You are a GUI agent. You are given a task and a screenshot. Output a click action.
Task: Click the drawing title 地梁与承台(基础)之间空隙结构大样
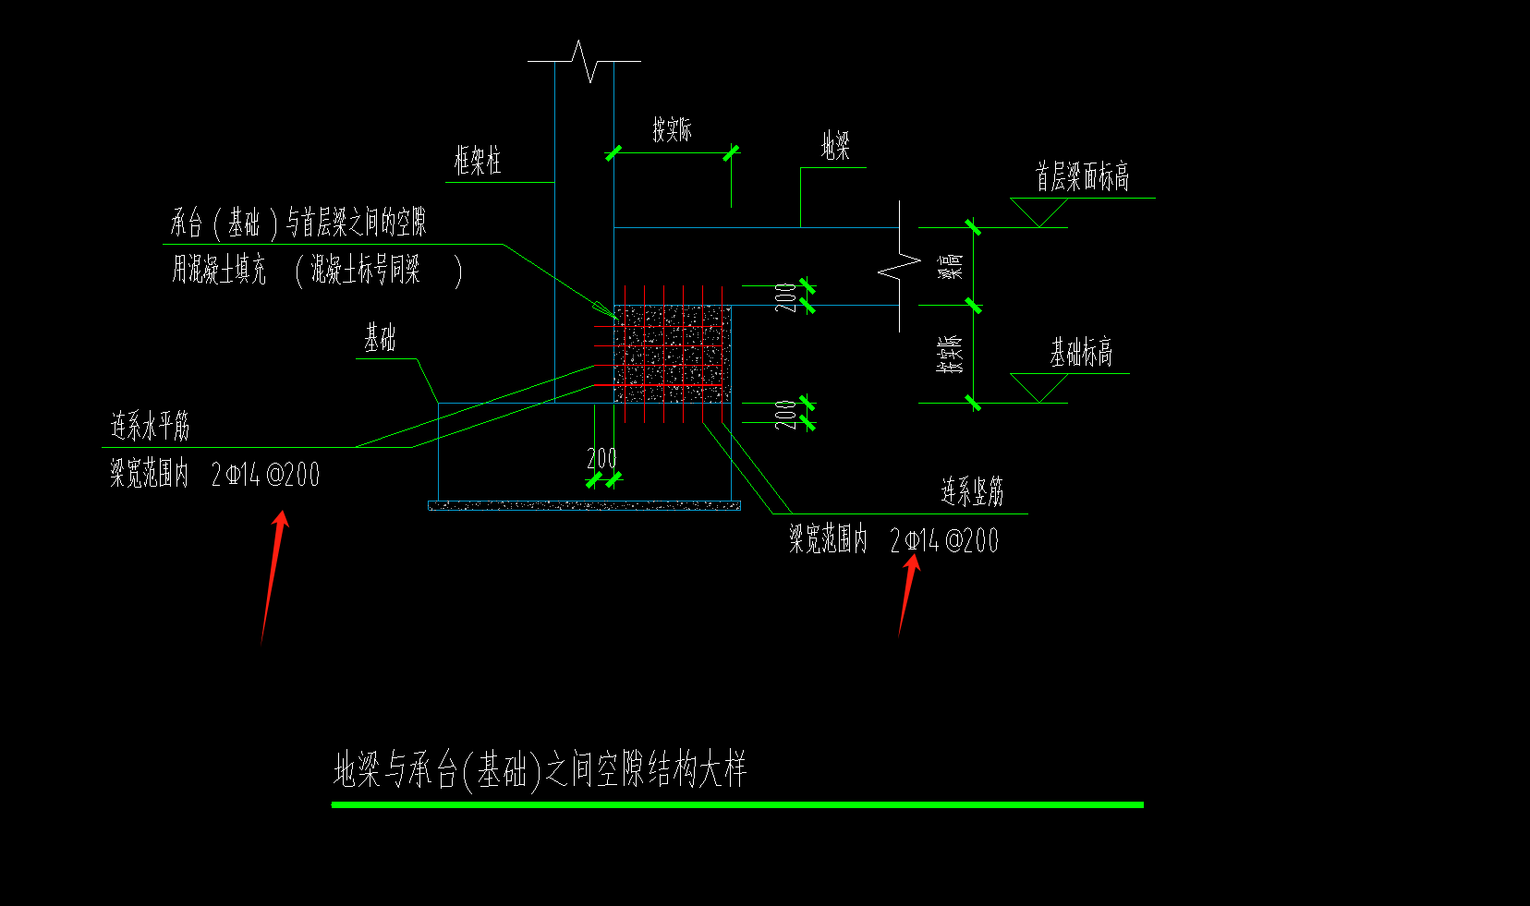[x=540, y=770]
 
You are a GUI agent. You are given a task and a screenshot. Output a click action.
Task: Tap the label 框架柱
[x=478, y=162]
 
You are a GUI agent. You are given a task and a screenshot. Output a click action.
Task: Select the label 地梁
[x=835, y=146]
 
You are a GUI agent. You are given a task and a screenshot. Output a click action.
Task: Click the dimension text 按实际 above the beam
[x=672, y=130]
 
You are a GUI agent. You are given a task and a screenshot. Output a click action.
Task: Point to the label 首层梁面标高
[x=1082, y=176]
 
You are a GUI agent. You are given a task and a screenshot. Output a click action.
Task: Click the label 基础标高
[x=1080, y=352]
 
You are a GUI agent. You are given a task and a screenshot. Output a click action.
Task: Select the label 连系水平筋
[x=150, y=427]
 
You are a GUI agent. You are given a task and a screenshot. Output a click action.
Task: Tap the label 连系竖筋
[x=972, y=492]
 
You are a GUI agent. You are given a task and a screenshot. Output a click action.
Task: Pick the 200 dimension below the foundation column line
[x=601, y=459]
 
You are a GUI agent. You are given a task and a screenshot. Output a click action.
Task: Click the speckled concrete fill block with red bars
[x=673, y=355]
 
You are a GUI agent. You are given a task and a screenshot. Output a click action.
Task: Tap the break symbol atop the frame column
[x=584, y=61]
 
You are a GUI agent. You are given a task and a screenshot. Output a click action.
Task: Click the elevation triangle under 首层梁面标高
[x=1039, y=212]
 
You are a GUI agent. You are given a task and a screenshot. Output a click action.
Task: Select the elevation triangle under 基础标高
[x=1039, y=388]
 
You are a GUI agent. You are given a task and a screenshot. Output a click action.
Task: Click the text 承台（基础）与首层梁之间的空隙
[x=297, y=223]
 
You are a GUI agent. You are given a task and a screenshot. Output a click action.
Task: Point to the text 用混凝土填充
[x=219, y=271]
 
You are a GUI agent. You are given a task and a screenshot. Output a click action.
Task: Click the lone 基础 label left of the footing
[x=379, y=339]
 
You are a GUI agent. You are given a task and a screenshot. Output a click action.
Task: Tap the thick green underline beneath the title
[x=737, y=805]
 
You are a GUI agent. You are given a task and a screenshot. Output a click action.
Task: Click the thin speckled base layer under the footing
[x=584, y=505]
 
